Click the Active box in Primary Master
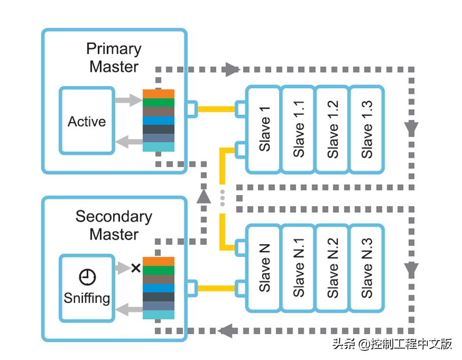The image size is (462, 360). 86,121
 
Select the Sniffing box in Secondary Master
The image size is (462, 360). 86,288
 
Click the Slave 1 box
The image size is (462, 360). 263,129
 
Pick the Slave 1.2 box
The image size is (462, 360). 333,129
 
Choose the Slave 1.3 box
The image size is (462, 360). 367,129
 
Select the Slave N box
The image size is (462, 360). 263,268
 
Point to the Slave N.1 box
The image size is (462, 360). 298,268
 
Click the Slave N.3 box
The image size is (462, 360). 367,268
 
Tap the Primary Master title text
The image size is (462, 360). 114,57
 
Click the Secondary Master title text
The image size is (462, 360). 114,225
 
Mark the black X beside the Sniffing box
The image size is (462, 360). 136,268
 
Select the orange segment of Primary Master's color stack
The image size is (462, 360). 158,94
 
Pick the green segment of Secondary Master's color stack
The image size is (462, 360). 158,270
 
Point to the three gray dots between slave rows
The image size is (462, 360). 222,198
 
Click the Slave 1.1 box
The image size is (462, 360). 298,129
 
